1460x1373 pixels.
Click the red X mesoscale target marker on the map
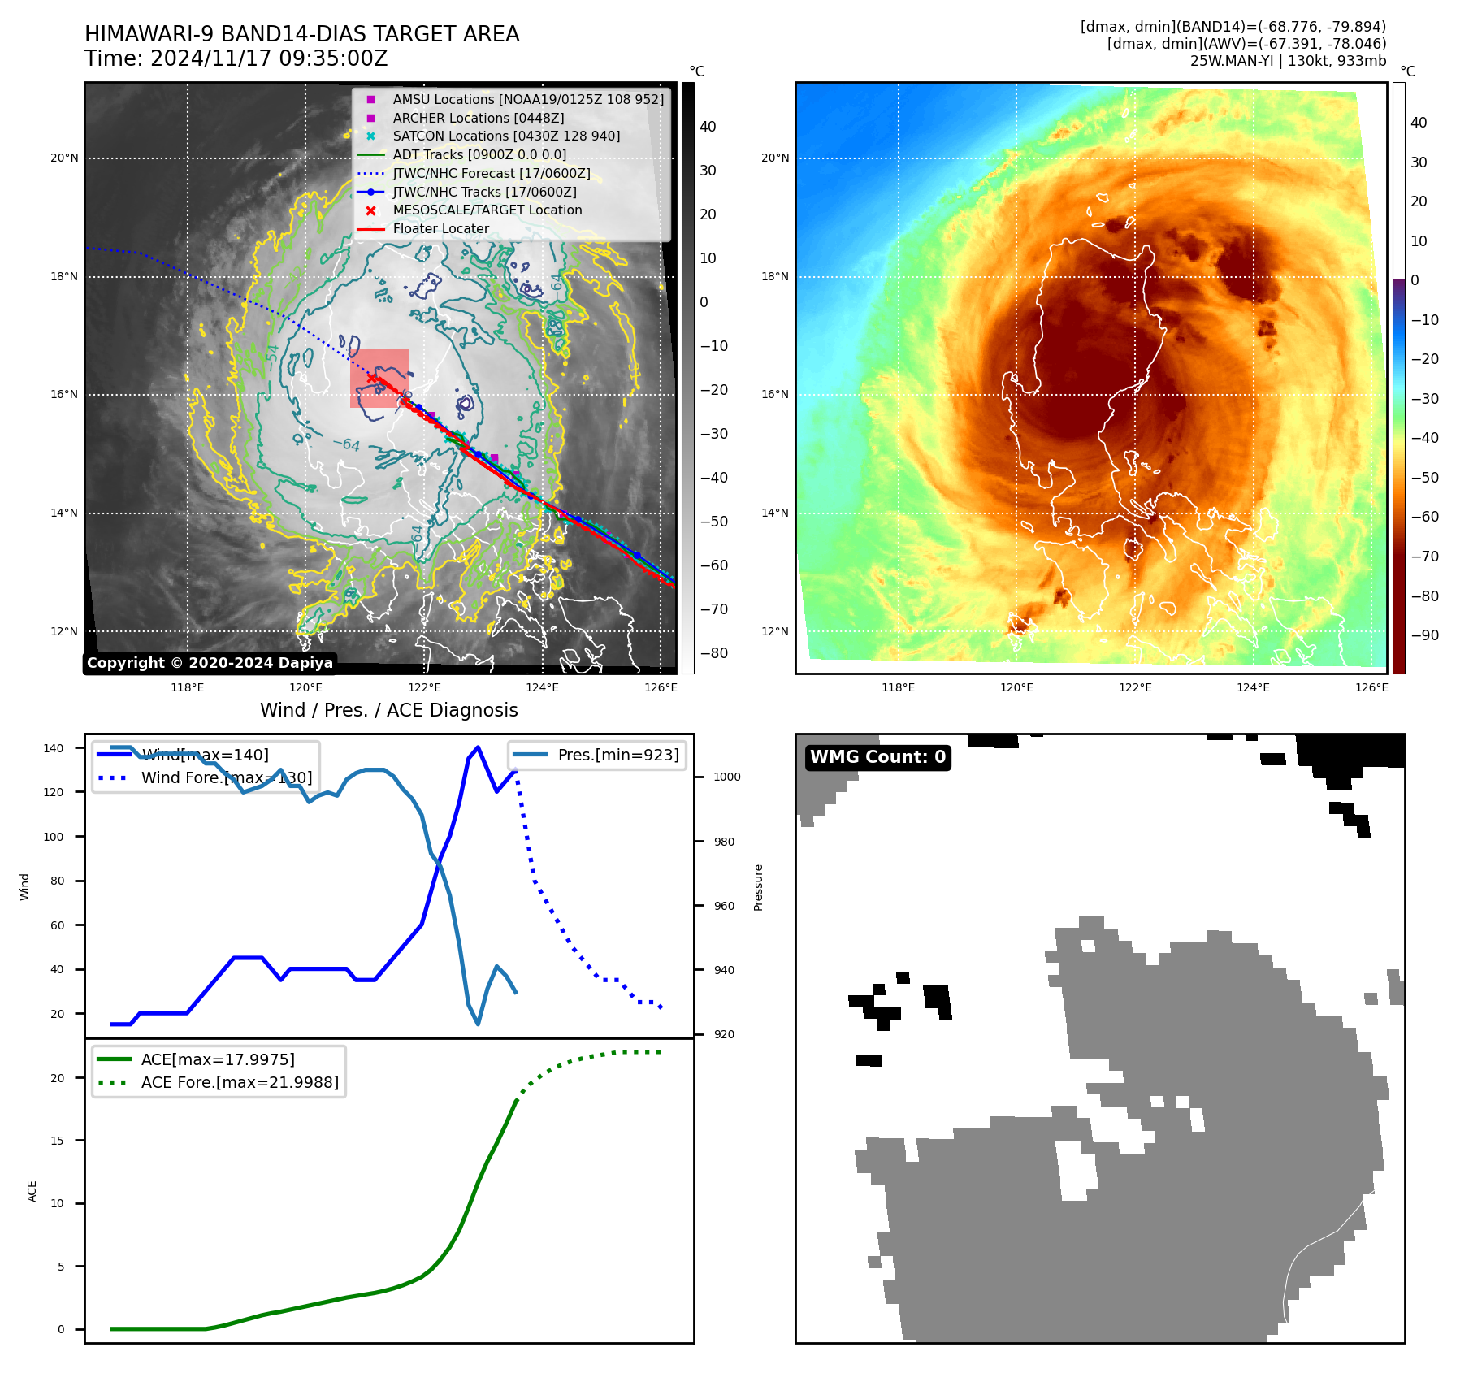point(371,378)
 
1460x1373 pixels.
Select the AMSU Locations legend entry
point(527,99)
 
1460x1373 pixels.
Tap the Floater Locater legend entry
point(440,229)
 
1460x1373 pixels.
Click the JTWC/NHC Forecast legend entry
point(491,174)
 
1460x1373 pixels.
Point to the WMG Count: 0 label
point(877,757)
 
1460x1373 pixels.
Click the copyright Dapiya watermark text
point(210,663)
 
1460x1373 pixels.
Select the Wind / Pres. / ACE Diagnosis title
point(388,710)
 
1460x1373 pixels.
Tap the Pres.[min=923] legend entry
point(617,755)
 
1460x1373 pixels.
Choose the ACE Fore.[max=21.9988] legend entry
point(240,1082)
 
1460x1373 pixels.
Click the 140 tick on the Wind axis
point(54,748)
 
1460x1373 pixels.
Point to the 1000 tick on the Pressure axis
point(727,777)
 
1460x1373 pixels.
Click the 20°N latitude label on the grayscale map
point(64,158)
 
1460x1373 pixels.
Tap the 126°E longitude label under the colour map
point(1371,688)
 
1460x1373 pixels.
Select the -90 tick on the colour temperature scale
point(1424,635)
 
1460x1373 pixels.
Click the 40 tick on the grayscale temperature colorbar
point(708,127)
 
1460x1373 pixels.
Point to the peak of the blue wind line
point(478,747)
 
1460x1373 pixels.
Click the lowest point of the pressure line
point(478,1024)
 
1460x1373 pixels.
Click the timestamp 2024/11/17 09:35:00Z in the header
point(269,59)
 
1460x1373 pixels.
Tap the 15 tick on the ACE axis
point(57,1141)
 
